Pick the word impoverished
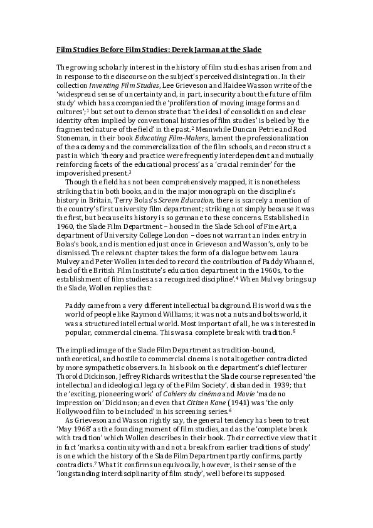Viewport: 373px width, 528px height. pos(81,156)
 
